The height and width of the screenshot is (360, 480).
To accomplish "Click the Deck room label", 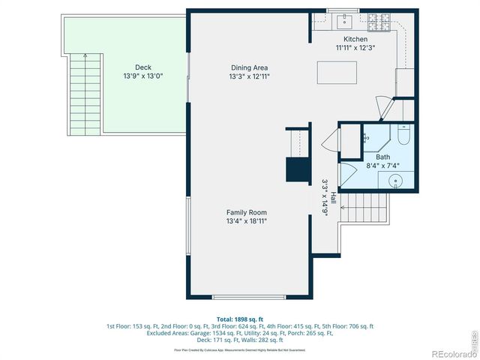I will (142, 67).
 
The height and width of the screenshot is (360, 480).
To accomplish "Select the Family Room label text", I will (247, 212).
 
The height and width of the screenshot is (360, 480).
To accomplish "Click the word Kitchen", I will (355, 39).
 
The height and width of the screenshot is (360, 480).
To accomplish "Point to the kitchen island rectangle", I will (337, 71).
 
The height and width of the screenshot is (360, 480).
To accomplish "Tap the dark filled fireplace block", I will (297, 169).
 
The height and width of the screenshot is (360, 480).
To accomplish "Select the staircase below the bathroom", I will (366, 205).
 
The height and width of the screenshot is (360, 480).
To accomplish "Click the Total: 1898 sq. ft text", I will (239, 319).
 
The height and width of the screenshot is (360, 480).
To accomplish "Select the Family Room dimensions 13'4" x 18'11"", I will (247, 221).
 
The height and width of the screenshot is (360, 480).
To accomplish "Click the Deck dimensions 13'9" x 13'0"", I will (142, 76).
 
